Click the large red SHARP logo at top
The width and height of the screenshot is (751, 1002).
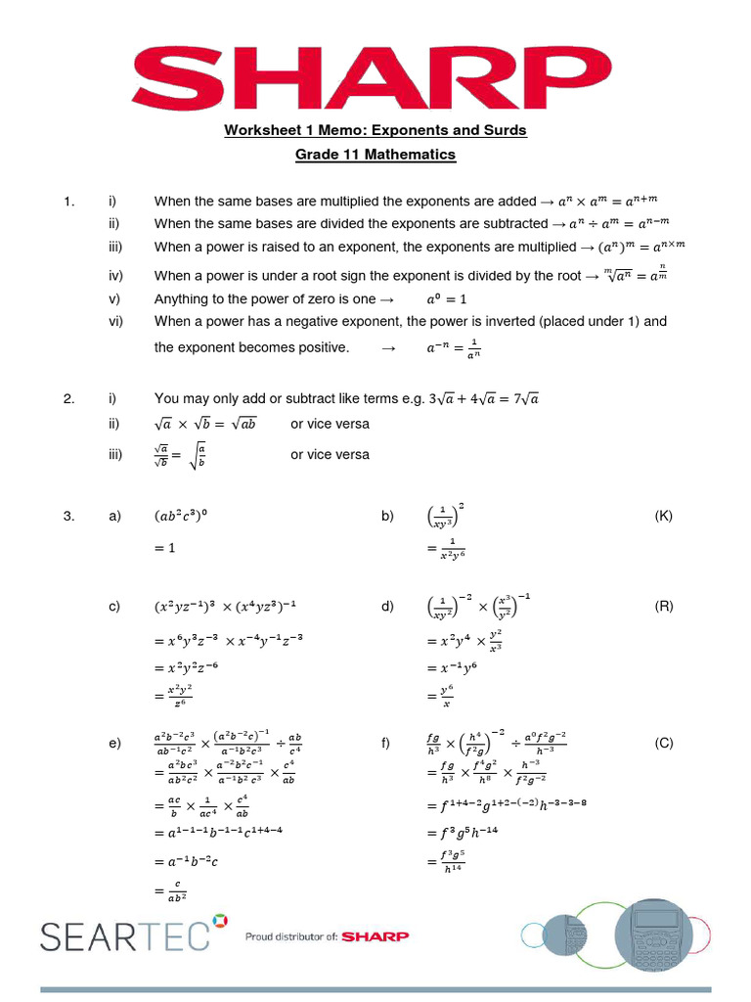coord(375,74)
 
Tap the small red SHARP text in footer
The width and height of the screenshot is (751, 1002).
coord(376,936)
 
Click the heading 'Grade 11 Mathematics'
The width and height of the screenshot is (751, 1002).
coord(375,155)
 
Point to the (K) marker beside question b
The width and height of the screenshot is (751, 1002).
coord(664,516)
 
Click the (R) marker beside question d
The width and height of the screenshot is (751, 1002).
coord(664,606)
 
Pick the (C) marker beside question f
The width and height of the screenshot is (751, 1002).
coord(664,743)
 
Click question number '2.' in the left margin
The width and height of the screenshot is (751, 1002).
coord(68,398)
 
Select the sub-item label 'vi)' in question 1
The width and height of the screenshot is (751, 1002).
coord(115,321)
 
